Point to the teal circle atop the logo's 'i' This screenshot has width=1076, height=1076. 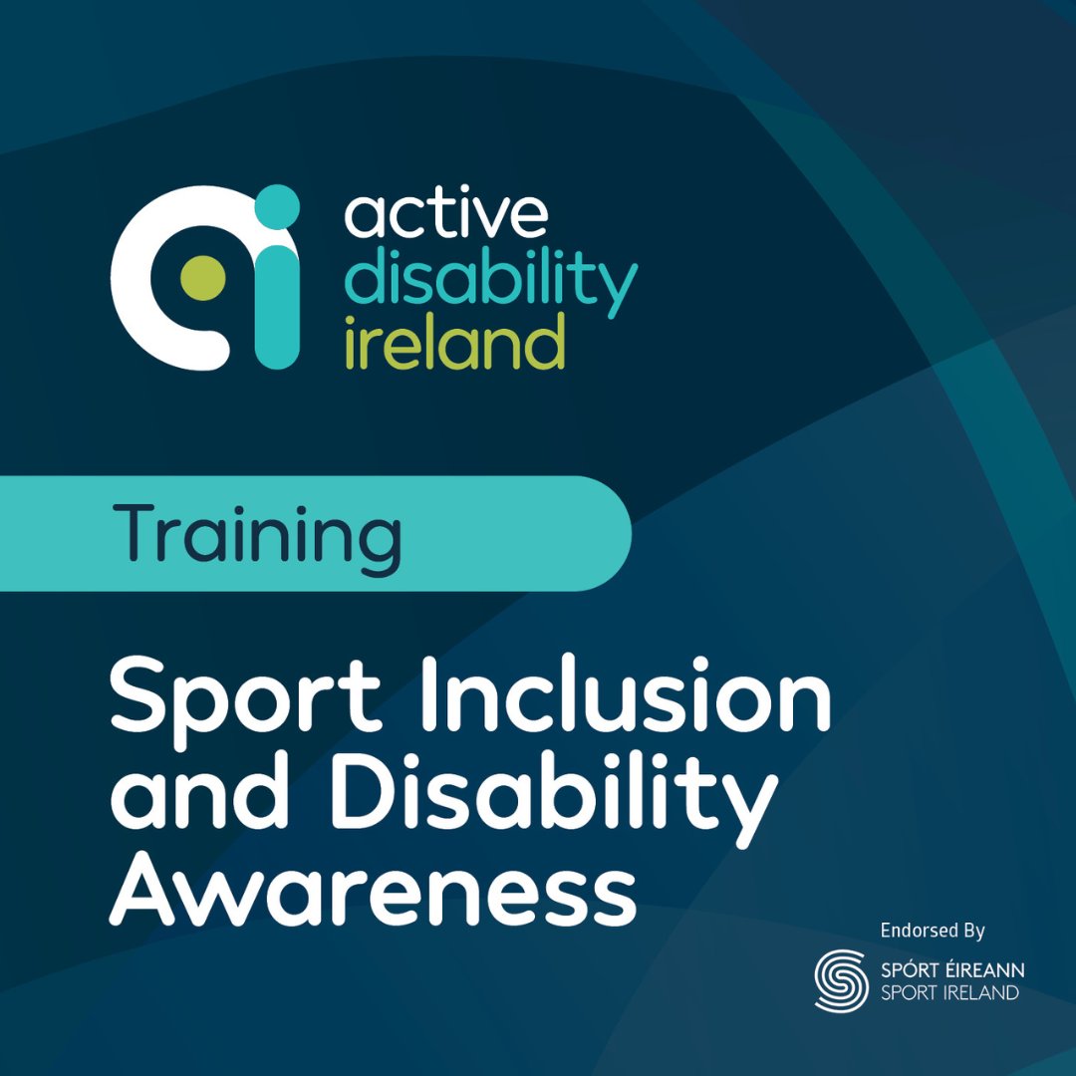[276, 206]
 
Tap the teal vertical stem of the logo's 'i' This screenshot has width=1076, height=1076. [277, 299]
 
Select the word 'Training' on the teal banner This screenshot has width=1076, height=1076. [262, 535]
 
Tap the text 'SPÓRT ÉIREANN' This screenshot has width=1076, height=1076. [951, 969]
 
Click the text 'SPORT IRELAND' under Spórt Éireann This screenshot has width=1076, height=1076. [951, 992]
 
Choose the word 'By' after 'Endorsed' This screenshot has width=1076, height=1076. [973, 932]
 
